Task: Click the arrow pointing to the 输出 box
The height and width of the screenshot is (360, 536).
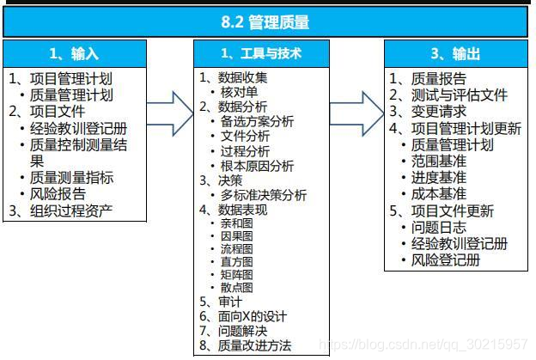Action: (362, 109)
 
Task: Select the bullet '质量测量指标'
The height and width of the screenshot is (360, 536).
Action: (71, 178)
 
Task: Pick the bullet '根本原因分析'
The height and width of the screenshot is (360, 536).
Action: (257, 165)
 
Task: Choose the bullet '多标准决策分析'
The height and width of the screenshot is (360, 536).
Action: (263, 195)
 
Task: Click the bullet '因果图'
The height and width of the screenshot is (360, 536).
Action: (236, 235)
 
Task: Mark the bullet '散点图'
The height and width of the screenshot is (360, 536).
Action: (236, 287)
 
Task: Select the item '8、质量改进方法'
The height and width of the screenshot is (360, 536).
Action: (245, 346)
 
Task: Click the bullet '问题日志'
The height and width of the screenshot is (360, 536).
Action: (438, 227)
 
